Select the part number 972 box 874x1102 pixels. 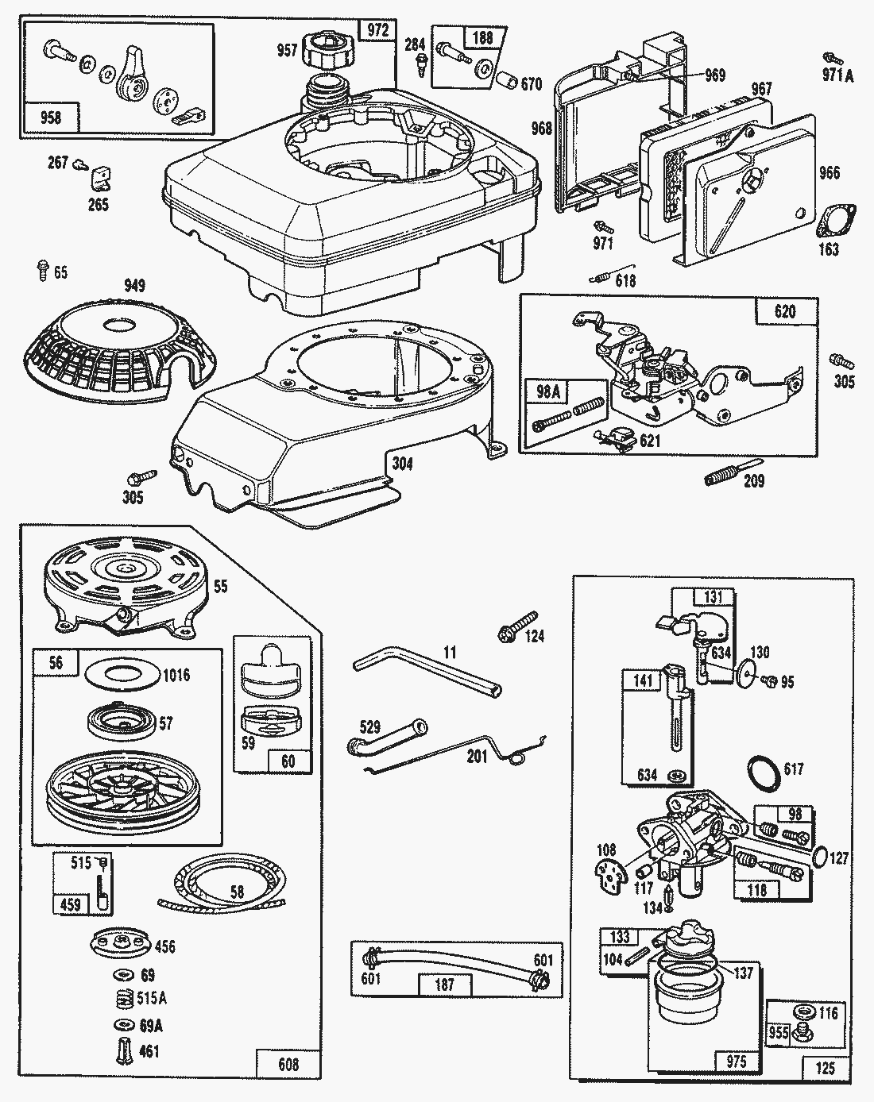tap(377, 31)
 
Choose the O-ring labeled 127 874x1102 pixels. tap(822, 857)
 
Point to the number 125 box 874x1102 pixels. tap(826, 1068)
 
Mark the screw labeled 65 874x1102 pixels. tap(40, 271)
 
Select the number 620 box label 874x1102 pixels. tap(785, 311)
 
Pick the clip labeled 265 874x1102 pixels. tap(99, 179)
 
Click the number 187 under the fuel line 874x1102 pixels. tap(445, 984)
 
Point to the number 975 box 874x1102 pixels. tap(737, 1062)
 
